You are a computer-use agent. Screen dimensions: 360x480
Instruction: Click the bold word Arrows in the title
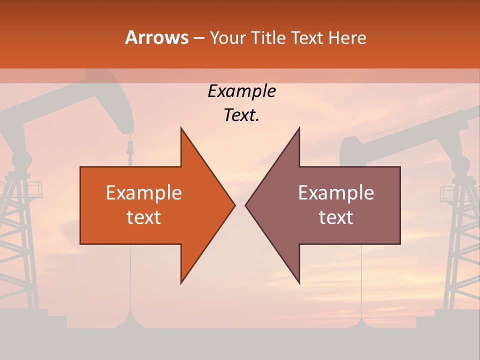157,37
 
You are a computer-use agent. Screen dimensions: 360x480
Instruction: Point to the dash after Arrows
198,38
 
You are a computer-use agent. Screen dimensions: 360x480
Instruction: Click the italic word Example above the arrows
241,91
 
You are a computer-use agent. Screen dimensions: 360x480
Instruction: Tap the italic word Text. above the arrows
241,115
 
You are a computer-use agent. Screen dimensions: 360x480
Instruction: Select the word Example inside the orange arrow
144,192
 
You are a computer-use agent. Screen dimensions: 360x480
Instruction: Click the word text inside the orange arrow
144,217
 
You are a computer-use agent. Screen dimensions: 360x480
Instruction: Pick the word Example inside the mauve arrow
336,192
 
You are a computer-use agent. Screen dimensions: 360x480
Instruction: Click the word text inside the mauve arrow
336,217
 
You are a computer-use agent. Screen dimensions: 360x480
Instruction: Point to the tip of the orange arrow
234,205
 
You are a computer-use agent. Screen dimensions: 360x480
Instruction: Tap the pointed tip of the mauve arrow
246,205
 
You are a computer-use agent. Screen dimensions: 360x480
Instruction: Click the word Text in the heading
305,37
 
